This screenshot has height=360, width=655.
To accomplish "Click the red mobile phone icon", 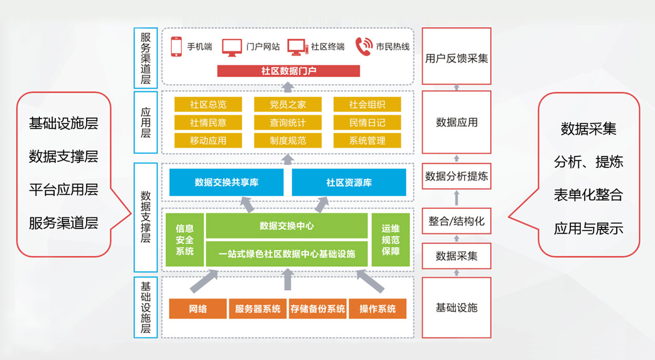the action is [x=176, y=46].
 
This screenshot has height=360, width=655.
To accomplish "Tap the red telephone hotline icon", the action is [x=364, y=46].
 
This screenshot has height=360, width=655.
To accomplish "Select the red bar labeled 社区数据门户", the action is [x=288, y=71].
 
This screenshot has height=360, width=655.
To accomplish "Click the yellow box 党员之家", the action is [x=288, y=104].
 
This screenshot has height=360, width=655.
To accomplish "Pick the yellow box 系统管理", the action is [x=367, y=141].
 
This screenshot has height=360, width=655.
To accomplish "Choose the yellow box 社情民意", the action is [x=208, y=122].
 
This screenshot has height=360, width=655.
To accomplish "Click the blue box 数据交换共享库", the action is [x=227, y=182].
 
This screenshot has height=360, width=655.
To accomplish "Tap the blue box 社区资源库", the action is [x=349, y=182].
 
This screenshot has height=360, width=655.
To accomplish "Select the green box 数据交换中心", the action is [x=287, y=226].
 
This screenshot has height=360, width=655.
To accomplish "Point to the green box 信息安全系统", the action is [x=184, y=239].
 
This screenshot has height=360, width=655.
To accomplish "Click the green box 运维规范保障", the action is [x=390, y=239].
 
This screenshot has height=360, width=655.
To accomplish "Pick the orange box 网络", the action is [x=198, y=309].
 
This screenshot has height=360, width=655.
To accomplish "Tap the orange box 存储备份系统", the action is [x=318, y=309].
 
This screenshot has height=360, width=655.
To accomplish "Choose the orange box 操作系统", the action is [x=378, y=309].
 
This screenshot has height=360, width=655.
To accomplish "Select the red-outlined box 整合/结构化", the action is [x=456, y=221].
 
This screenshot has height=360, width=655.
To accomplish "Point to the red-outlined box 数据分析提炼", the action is [x=456, y=176].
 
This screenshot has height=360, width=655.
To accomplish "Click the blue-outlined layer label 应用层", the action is [x=146, y=122].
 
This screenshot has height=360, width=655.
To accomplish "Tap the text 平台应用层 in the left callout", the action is [x=63, y=190].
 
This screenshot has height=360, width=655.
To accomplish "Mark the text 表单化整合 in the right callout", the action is [x=588, y=195].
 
